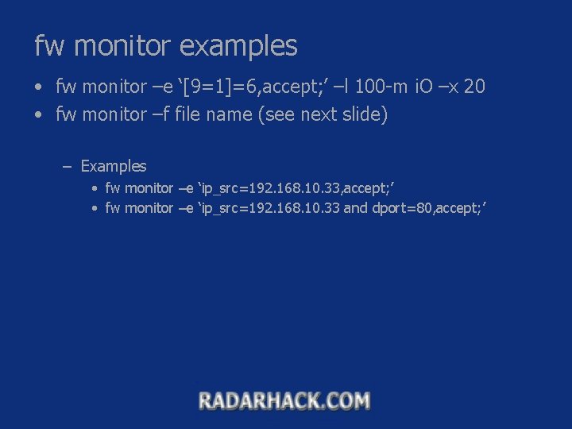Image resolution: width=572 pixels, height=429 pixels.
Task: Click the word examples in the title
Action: tap(238, 46)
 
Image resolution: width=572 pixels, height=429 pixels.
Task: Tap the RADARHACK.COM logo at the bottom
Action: tap(284, 400)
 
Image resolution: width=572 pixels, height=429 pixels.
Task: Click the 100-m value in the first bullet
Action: tap(384, 87)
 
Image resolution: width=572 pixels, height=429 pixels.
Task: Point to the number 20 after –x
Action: tap(473, 87)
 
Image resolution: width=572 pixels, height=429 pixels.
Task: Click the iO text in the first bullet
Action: tap(424, 87)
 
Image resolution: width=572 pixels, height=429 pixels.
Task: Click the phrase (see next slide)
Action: tap(323, 115)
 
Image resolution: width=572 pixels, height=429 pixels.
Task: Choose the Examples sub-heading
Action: tap(114, 166)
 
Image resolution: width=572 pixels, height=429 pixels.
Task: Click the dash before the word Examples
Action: tap(67, 167)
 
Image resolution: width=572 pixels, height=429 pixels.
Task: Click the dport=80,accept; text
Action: tap(429, 208)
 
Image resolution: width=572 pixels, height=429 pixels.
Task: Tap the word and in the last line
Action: tap(355, 208)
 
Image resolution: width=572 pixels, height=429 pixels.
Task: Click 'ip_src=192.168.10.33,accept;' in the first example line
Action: tap(296, 188)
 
